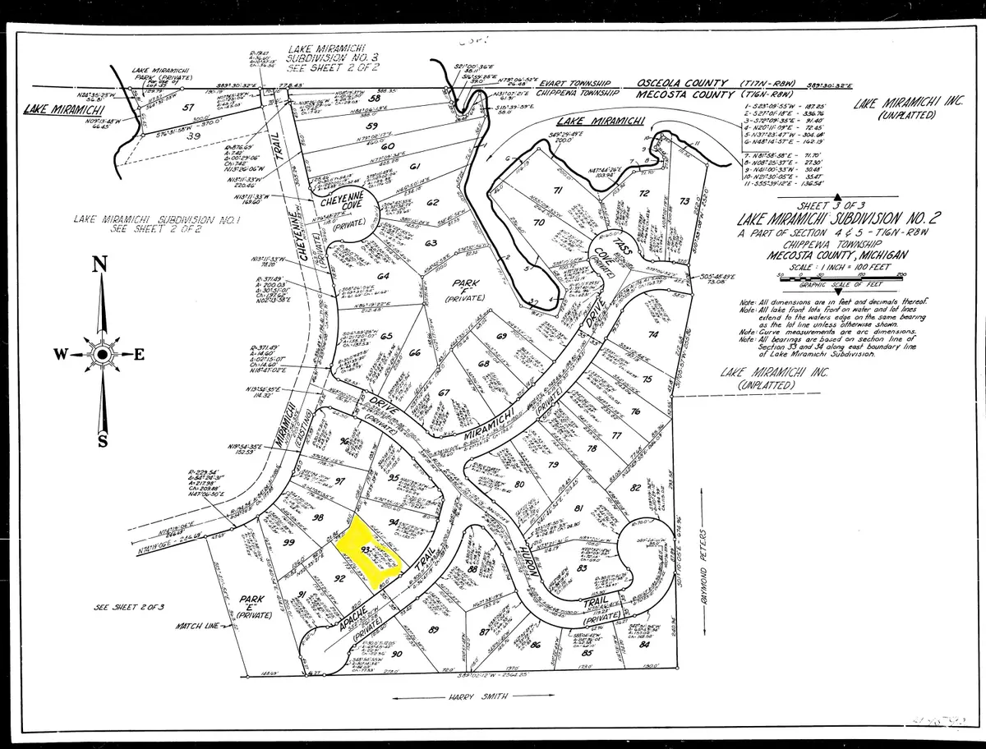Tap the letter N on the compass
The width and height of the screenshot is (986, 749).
point(100,264)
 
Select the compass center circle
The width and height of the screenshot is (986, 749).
point(102,354)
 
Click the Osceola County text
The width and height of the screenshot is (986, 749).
point(684,83)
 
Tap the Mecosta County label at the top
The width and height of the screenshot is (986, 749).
point(684,94)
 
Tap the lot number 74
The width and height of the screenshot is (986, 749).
point(654,334)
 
